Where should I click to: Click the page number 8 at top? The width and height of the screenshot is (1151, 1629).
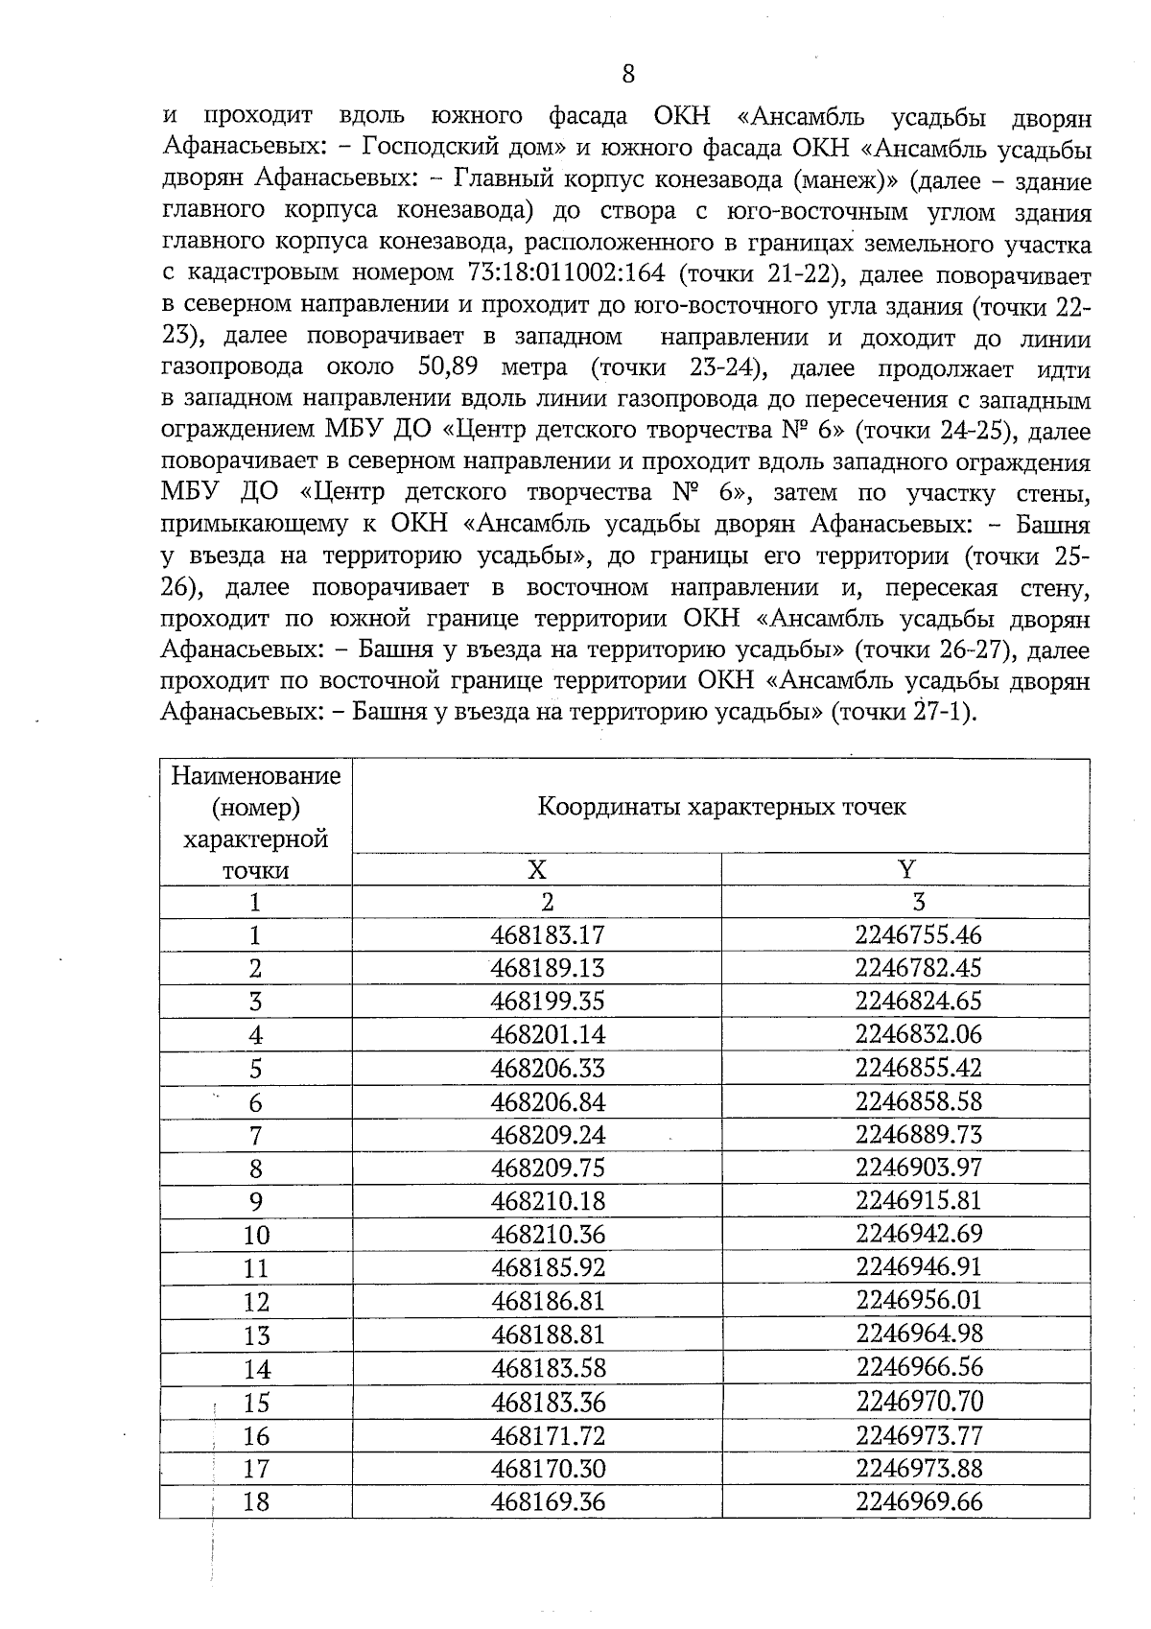pos(628,74)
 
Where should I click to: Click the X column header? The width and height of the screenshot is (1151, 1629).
pos(537,869)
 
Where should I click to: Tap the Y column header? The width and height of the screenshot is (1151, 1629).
pos(906,869)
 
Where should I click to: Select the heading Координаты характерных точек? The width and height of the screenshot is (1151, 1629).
pos(721,806)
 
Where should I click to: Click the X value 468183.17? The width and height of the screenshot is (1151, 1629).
pos(548,934)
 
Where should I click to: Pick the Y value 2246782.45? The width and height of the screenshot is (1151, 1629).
pos(918,968)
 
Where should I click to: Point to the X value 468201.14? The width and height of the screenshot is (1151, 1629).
pos(548,1034)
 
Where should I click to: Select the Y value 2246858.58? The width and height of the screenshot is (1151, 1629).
pos(918,1101)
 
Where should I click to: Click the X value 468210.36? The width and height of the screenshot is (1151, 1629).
pos(548,1234)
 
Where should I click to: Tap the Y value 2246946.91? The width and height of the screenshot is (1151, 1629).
pos(918,1267)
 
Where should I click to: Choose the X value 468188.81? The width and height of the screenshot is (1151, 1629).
pos(548,1334)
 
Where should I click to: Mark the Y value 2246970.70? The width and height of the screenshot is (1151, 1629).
pos(918,1402)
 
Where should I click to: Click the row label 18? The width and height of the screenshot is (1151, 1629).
pos(256,1502)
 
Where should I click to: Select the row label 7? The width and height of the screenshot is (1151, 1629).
pos(255,1136)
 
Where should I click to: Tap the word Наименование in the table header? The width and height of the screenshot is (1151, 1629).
pos(256,775)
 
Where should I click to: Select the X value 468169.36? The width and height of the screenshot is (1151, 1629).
pos(548,1501)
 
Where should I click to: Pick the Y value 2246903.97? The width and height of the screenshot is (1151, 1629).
pos(918,1168)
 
